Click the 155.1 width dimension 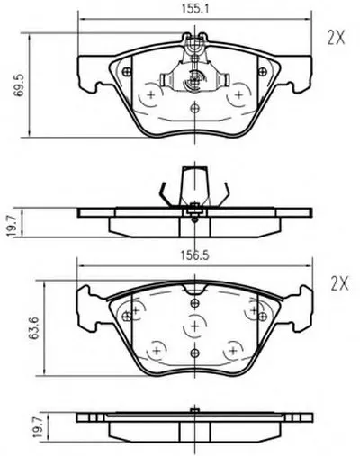click(x=194, y=9)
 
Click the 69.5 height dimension click(x=19, y=85)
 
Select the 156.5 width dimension click(x=194, y=255)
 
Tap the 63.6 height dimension click(x=34, y=328)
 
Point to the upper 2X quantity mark click(x=336, y=39)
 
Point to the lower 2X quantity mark click(x=339, y=283)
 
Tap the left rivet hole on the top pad click(x=127, y=72)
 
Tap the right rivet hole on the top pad click(x=263, y=72)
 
